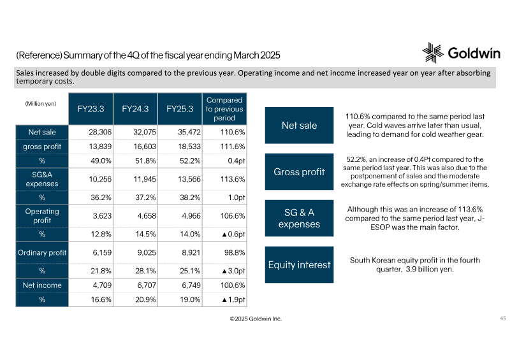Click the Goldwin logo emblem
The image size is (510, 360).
(433, 53)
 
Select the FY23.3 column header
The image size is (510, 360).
(91, 109)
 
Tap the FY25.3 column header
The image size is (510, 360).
(180, 109)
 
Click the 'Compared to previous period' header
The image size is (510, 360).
(224, 109)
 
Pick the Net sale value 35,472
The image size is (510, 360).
(189, 133)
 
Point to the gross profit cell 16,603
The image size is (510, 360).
(145, 147)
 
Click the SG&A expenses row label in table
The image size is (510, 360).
(42, 179)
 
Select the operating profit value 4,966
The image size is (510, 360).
(191, 216)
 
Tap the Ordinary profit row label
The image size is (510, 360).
(42, 253)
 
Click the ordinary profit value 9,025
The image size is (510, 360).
(147, 253)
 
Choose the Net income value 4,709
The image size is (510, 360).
(102, 285)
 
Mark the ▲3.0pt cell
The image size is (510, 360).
(233, 271)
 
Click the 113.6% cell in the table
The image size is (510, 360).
(233, 179)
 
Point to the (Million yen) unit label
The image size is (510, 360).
(41, 104)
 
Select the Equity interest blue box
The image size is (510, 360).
(299, 264)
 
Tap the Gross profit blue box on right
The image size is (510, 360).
(299, 171)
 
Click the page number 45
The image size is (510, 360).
(503, 318)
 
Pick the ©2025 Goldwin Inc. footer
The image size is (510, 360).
(256, 319)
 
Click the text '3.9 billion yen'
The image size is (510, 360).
(429, 270)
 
